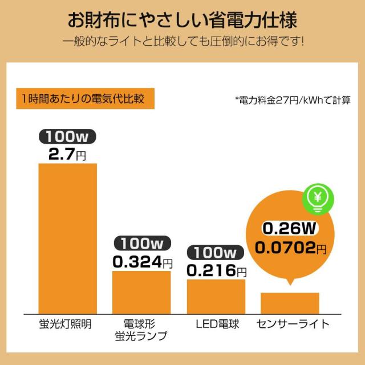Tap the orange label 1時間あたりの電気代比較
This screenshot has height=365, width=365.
[x=80, y=98]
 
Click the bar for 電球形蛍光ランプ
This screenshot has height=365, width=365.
[x=141, y=290]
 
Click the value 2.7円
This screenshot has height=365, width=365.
[x=67, y=153]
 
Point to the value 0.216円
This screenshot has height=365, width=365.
[x=217, y=270]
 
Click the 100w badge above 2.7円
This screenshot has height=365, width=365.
[x=67, y=137]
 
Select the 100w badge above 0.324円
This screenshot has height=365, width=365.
[x=141, y=244]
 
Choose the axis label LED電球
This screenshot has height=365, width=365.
[x=216, y=324]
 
